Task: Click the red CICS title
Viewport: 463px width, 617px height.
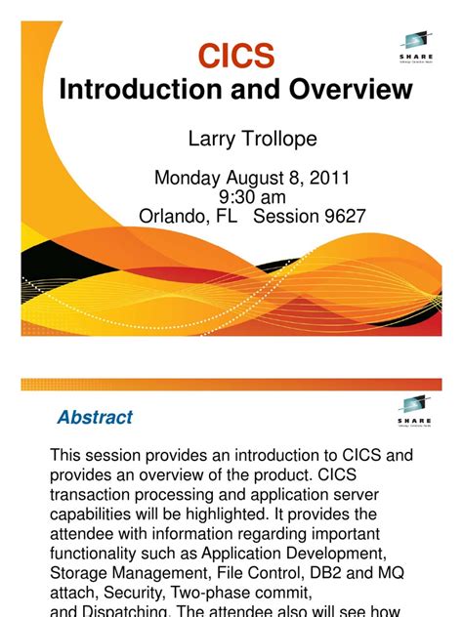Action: click(235, 57)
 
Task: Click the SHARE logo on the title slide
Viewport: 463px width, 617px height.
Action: click(416, 45)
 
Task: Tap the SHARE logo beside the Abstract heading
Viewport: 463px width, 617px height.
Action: click(416, 411)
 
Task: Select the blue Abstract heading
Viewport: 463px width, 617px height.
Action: click(95, 418)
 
